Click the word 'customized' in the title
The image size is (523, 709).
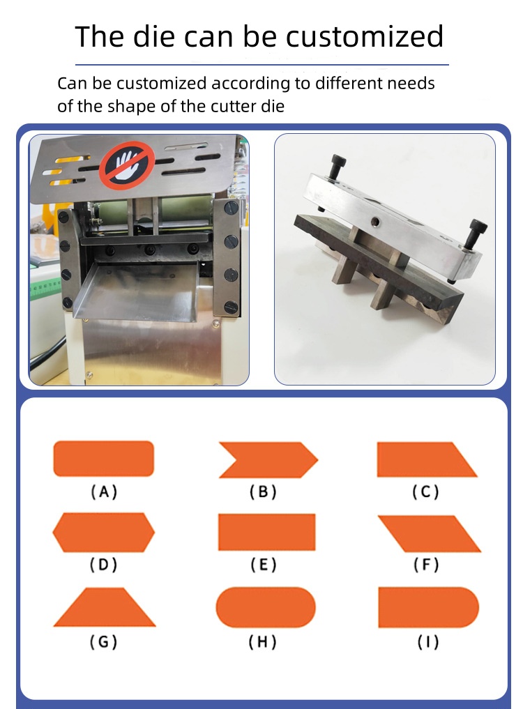pyautogui.click(x=364, y=36)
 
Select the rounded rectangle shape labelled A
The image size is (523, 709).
pyautogui.click(x=104, y=459)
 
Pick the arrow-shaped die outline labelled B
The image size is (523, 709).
pyautogui.click(x=268, y=460)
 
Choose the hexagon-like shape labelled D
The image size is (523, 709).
pyautogui.click(x=104, y=532)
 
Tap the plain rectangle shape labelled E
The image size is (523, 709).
pyautogui.click(x=267, y=532)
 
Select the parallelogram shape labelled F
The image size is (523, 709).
pyautogui.click(x=430, y=533)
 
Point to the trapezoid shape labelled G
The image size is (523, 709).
pyautogui.click(x=105, y=607)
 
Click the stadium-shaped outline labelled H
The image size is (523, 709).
pyautogui.click(x=266, y=607)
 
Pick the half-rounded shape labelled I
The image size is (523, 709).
pyautogui.click(x=428, y=607)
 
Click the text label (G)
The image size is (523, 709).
pyautogui.click(x=104, y=641)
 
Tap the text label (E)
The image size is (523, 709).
pyautogui.click(x=264, y=565)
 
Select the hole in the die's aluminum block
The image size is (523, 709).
pyautogui.click(x=375, y=221)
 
